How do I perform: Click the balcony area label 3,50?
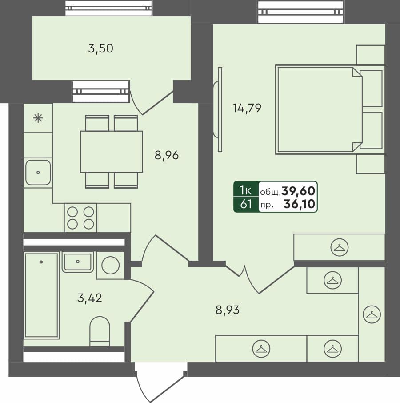[x=100, y=48]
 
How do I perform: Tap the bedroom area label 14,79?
[x=247, y=107]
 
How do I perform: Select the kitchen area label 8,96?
[x=167, y=156]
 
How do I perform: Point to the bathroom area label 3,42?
[x=90, y=298]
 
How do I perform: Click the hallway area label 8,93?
[x=228, y=310]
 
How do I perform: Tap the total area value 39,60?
[x=298, y=191]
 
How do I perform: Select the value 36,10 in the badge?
[x=300, y=205]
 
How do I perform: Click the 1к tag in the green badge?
[x=246, y=190]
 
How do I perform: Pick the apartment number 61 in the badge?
[x=246, y=205]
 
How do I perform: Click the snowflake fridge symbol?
[x=38, y=118]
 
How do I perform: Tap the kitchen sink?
[x=38, y=172]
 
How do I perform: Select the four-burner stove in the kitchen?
[x=80, y=218]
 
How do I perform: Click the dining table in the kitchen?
[x=111, y=151]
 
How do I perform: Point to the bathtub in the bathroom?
[x=41, y=295]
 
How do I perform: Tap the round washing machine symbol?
[x=111, y=265]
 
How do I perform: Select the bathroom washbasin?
[x=78, y=262]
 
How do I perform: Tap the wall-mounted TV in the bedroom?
[x=218, y=109]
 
